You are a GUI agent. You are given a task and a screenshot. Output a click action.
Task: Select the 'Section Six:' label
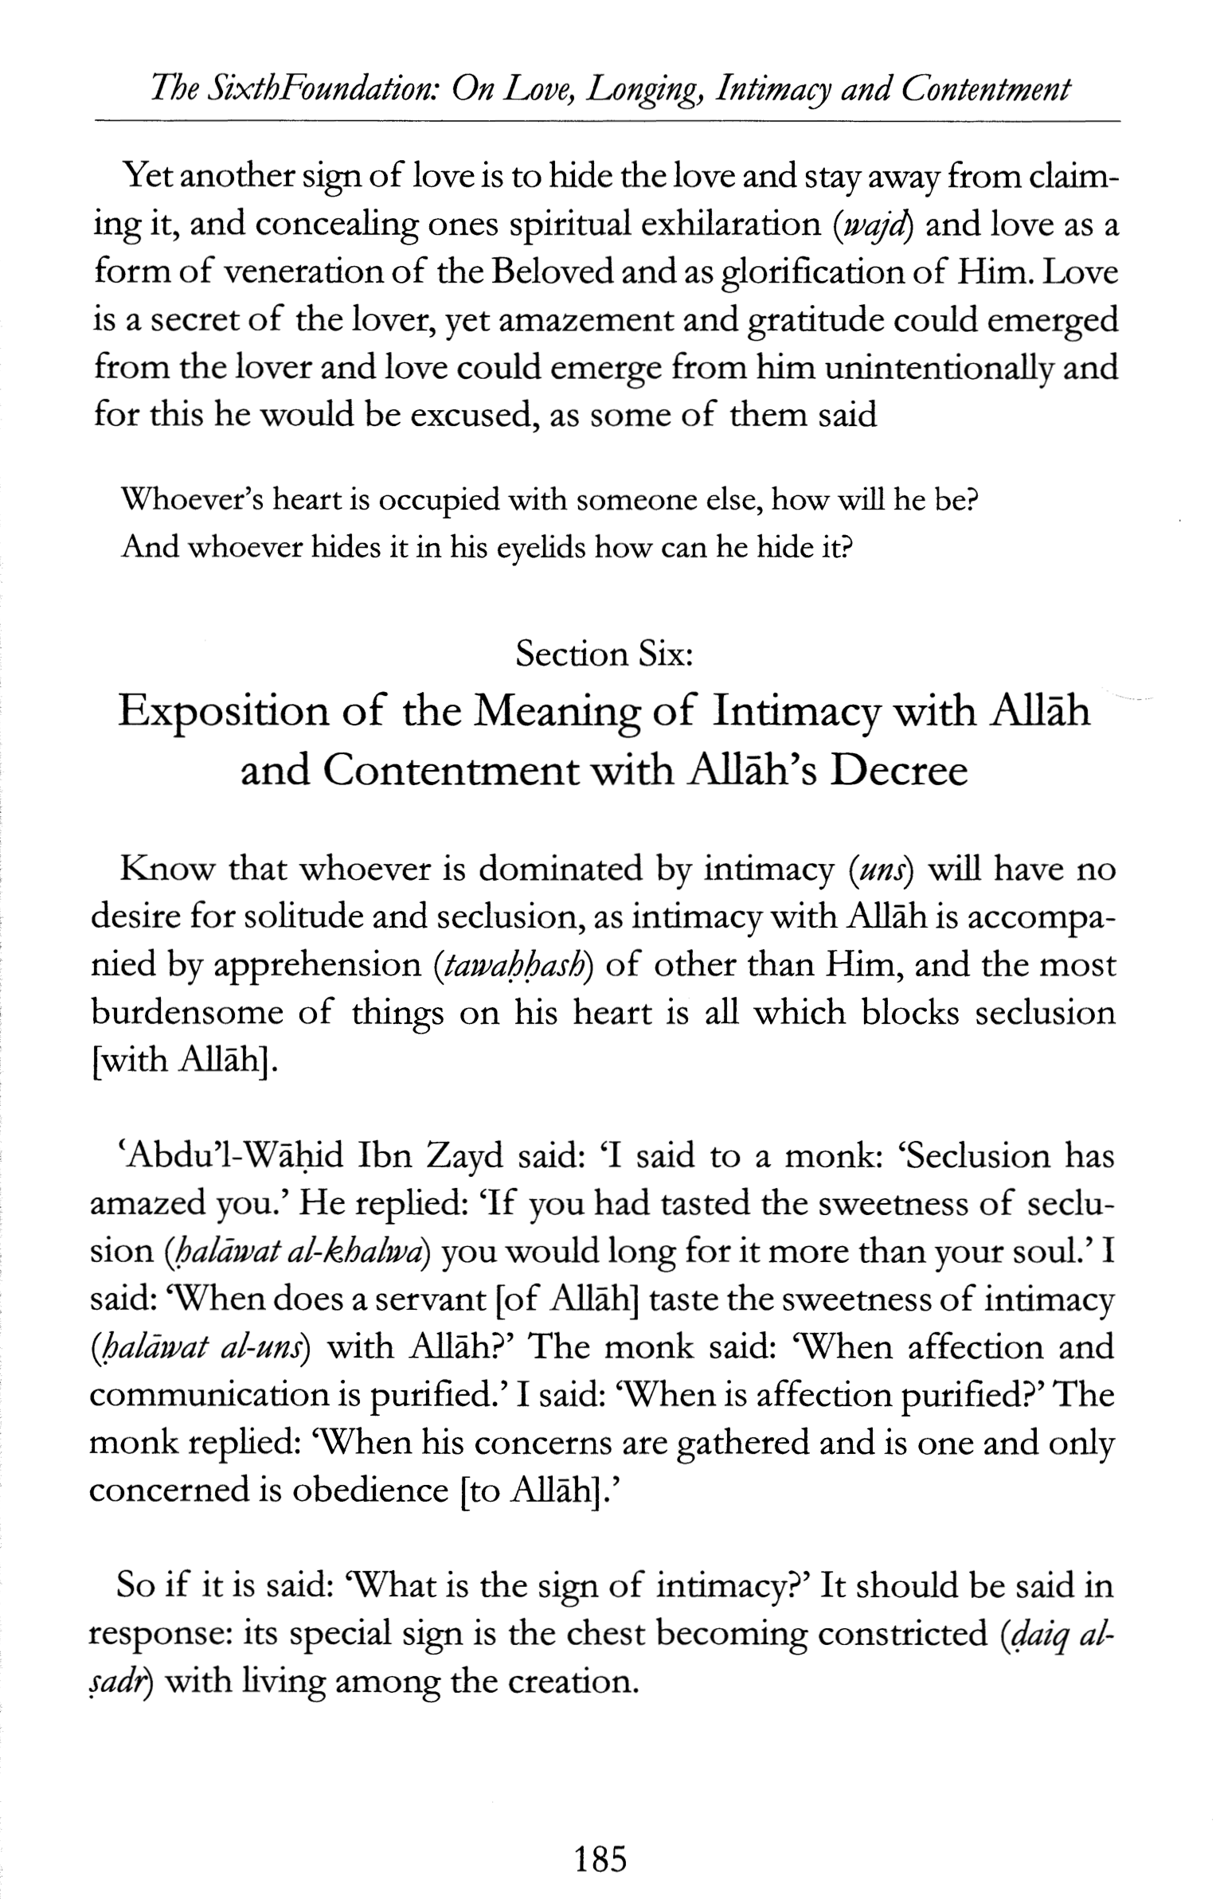pyautogui.click(x=603, y=654)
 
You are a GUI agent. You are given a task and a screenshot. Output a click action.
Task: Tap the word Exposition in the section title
pyautogui.click(x=223, y=712)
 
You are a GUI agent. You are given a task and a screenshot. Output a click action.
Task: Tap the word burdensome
pyautogui.click(x=187, y=1014)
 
